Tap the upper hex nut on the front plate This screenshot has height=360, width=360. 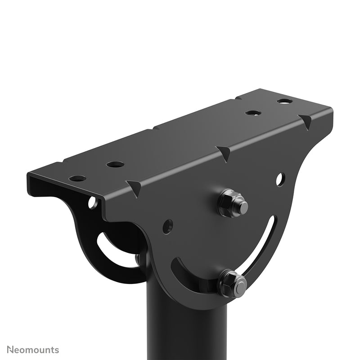(233, 203)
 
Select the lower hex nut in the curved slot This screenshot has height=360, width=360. (233, 283)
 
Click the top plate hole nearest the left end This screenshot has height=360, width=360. (77, 178)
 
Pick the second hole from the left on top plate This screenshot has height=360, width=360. (115, 164)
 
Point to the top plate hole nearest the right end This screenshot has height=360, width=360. (284, 101)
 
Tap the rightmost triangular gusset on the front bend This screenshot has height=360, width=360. (306, 121)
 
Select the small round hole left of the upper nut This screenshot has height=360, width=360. (167, 226)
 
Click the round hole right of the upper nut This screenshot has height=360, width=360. (279, 180)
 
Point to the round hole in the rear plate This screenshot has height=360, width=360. (92, 202)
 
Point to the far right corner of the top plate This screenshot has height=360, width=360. (332, 108)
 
